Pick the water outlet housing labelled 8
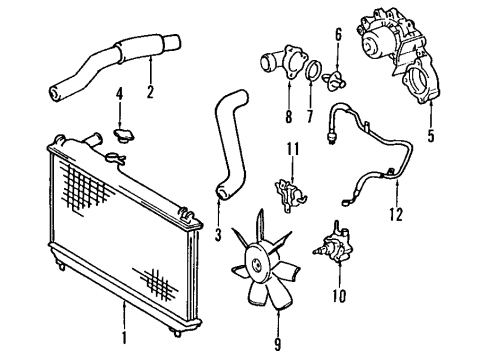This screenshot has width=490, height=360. coord(277,57)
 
